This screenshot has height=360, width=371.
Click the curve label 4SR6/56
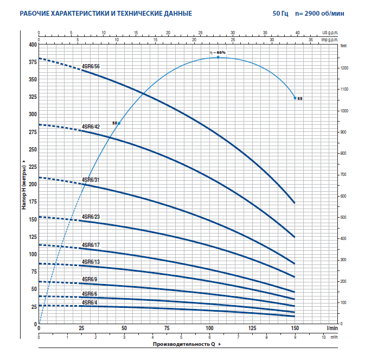point(91,66)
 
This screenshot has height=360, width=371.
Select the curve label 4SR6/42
point(91,127)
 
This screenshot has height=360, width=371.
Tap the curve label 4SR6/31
point(91,179)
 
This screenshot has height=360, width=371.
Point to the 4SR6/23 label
point(91,217)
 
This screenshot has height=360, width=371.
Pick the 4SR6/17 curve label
point(91,245)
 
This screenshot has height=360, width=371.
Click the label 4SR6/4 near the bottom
point(89,302)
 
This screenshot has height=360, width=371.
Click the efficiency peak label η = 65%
point(218,52)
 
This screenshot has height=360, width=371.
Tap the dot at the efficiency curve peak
point(218,57)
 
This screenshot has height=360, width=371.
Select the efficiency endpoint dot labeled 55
point(295,98)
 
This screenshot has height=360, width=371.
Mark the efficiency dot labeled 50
point(119,124)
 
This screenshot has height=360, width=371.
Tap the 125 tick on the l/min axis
point(252,329)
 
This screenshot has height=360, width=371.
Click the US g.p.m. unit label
point(330,33)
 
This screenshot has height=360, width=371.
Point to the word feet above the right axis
point(343,47)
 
